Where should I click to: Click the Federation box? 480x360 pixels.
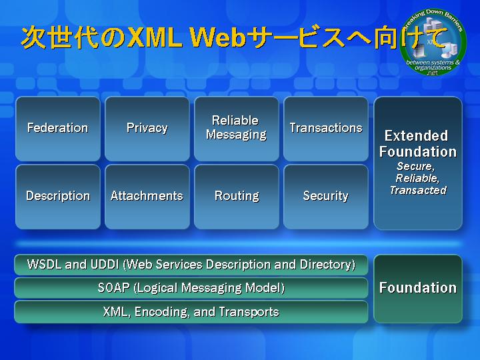[x=58, y=129]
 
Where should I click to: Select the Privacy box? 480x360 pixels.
[x=147, y=129]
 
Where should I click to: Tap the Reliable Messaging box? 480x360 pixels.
[x=237, y=129]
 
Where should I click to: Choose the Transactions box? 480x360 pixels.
[x=326, y=129]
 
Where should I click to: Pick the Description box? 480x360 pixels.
[x=58, y=197]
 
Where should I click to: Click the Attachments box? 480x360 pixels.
[x=147, y=197]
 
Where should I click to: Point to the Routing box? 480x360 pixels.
[x=237, y=197]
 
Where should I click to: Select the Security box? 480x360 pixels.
[x=326, y=197]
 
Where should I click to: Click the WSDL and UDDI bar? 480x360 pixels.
[x=191, y=265]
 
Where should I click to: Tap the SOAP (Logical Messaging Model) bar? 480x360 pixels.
[x=191, y=288]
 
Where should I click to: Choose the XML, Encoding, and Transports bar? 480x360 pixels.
[x=191, y=312]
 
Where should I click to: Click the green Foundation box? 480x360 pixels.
[x=418, y=289]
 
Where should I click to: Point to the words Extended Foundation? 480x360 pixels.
[x=418, y=143]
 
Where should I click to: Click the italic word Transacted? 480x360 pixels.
[x=418, y=190]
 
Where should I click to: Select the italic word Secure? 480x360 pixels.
[x=416, y=166]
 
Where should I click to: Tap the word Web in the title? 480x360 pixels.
[x=218, y=37]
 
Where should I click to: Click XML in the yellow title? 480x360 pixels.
[x=155, y=37]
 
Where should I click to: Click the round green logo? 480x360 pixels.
[x=433, y=42]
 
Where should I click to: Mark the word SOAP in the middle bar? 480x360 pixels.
[x=113, y=288]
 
